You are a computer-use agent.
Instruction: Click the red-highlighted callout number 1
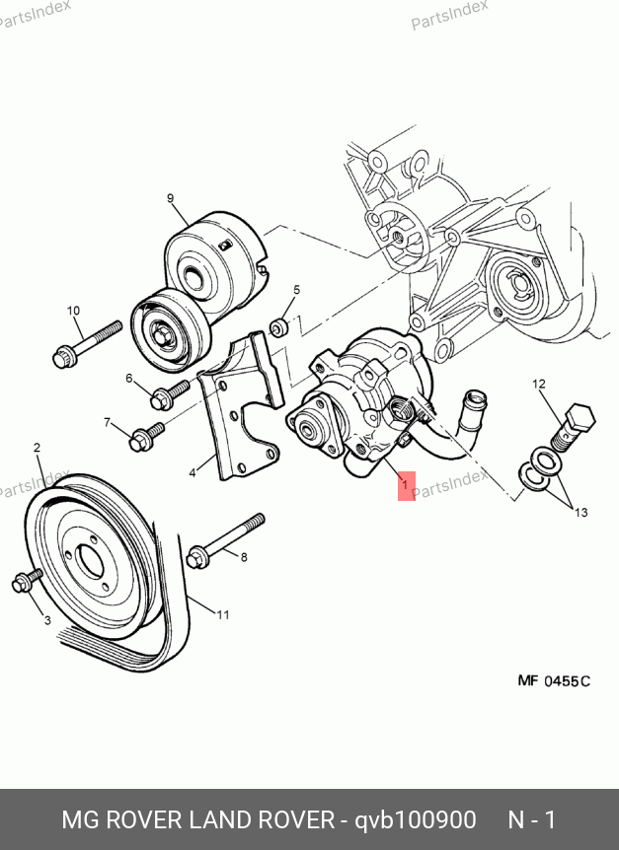[x=405, y=485]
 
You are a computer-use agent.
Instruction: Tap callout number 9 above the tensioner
[x=171, y=198]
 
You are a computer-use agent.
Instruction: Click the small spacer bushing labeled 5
[x=279, y=327]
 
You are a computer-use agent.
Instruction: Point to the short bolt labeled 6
[x=170, y=394]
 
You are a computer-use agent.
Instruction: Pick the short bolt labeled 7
[x=146, y=437]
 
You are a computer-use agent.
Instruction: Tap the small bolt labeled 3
[x=27, y=580]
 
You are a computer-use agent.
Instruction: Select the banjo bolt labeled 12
[x=573, y=427]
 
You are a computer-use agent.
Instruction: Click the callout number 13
[x=581, y=513]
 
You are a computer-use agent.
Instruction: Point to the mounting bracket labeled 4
[x=242, y=406]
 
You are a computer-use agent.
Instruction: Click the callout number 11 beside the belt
[x=223, y=614]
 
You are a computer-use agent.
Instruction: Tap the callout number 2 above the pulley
[x=37, y=448]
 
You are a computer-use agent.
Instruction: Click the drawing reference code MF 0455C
[x=554, y=680]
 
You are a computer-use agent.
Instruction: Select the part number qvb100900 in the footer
[x=416, y=819]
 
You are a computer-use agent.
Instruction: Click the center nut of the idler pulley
[x=161, y=335]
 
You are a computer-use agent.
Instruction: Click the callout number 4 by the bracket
[x=193, y=473]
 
